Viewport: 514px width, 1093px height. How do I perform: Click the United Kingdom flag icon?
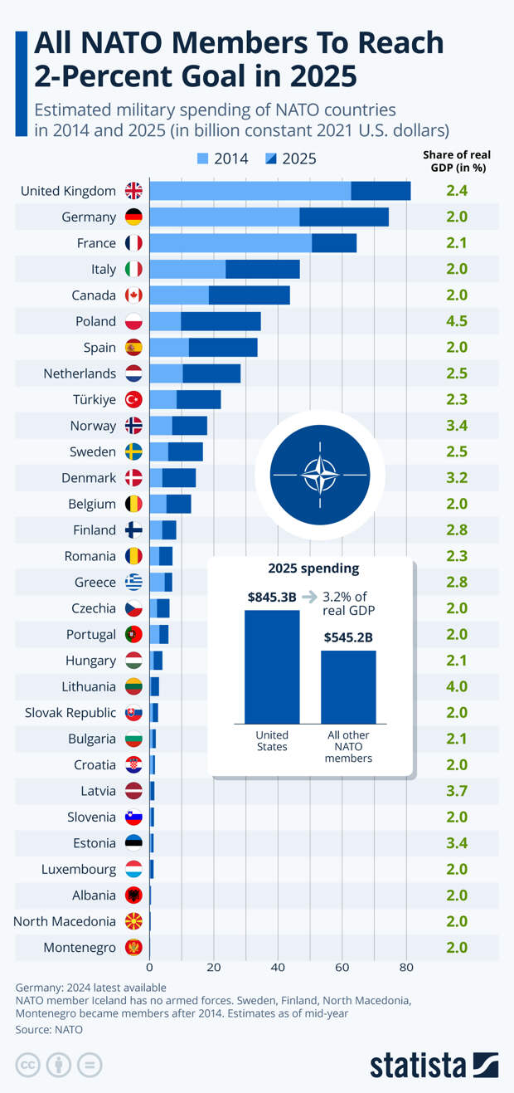pyautogui.click(x=133, y=191)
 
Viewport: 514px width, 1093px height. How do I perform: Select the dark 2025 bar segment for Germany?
pyautogui.click(x=344, y=217)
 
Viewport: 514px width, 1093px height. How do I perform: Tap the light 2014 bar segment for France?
pyautogui.click(x=230, y=243)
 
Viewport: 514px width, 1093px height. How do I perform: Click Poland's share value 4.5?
pyautogui.click(x=457, y=321)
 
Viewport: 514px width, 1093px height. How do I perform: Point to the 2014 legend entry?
pyautogui.click(x=223, y=159)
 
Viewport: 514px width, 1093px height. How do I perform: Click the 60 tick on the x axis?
pyautogui.click(x=342, y=967)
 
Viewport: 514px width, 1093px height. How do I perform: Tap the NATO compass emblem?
pyautogui.click(x=320, y=476)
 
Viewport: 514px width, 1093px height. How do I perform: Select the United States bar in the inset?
pyautogui.click(x=272, y=666)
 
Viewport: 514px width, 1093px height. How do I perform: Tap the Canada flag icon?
pyautogui.click(x=133, y=295)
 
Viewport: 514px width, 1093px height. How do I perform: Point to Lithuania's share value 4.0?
pyautogui.click(x=457, y=686)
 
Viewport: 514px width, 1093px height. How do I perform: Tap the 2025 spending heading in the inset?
pyautogui.click(x=313, y=569)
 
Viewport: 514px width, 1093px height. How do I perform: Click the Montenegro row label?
pyautogui.click(x=80, y=947)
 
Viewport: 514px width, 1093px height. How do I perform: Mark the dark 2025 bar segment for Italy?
pyautogui.click(x=262, y=269)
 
